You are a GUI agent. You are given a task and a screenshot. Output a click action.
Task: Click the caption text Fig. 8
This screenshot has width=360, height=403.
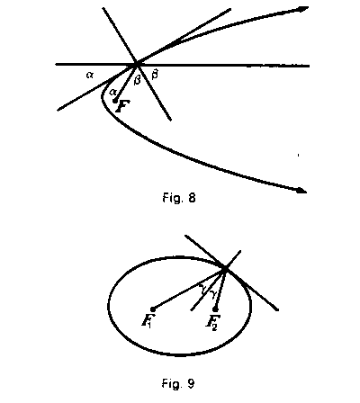(x=179, y=198)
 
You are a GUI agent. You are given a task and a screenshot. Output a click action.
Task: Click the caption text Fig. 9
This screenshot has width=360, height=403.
(x=178, y=383)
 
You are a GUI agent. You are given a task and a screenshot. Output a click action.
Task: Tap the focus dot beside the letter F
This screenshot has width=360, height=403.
(x=115, y=101)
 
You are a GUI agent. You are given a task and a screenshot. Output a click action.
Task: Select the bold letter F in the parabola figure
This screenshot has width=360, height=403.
(x=123, y=106)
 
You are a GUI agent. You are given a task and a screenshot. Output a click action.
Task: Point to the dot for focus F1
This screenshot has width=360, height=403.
(x=152, y=309)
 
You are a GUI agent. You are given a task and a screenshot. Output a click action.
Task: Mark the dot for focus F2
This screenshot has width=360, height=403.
(x=215, y=309)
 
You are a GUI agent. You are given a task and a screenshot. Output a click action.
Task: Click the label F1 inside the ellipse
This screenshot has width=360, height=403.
(x=148, y=321)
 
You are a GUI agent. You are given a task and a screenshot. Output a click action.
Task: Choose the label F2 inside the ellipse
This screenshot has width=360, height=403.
(x=213, y=322)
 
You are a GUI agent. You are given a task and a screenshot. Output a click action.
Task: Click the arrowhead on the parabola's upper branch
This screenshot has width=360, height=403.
(x=302, y=9)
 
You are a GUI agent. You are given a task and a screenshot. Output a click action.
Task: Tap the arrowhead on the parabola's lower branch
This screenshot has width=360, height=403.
(x=301, y=190)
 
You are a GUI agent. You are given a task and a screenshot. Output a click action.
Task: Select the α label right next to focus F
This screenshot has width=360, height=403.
(x=112, y=92)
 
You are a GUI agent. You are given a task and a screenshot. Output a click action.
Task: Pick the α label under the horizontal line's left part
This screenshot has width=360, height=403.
(x=89, y=75)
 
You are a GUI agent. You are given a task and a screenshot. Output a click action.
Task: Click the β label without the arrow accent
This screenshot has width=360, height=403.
(x=137, y=80)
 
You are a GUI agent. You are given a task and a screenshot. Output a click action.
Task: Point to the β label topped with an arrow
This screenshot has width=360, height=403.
(x=155, y=75)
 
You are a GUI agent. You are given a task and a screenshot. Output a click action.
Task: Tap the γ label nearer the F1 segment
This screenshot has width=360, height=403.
(x=203, y=289)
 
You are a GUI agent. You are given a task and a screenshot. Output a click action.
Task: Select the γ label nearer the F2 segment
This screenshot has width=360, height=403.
(x=213, y=293)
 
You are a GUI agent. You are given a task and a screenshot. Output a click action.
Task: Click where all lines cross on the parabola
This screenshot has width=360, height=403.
(x=136, y=64)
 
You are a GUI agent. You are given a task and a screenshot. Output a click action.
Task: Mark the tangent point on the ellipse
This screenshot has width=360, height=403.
(x=225, y=268)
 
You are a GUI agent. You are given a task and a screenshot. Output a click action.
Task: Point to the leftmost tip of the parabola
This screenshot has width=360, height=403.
(x=103, y=96)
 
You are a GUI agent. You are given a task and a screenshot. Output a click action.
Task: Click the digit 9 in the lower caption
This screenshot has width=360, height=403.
(x=191, y=383)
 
